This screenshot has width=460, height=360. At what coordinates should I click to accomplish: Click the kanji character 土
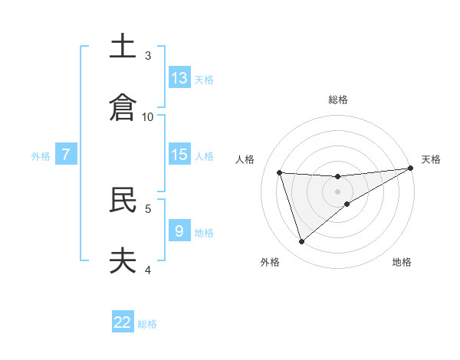pyautogui.click(x=123, y=47)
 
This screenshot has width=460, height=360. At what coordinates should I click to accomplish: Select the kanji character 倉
pyautogui.click(x=123, y=107)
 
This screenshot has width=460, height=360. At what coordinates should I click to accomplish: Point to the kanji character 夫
pyautogui.click(x=123, y=260)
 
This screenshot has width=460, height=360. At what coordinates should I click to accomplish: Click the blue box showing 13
pyautogui.click(x=179, y=78)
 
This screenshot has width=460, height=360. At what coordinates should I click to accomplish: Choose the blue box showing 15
pyautogui.click(x=179, y=155)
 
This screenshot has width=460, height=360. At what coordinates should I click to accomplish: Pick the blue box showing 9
pyautogui.click(x=179, y=231)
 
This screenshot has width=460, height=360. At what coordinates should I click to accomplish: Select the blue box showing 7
pyautogui.click(x=66, y=155)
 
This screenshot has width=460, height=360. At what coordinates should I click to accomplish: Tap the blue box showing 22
pyautogui.click(x=123, y=322)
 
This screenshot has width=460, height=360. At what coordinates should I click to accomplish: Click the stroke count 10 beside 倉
pyautogui.click(x=148, y=116)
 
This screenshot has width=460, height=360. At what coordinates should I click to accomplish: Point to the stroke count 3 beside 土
pyautogui.click(x=148, y=56)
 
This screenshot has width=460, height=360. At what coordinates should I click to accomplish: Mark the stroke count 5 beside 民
pyautogui.click(x=148, y=208)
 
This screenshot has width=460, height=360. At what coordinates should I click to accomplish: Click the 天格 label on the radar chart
pyautogui.click(x=431, y=159)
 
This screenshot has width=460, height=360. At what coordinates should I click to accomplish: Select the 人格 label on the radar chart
pyautogui.click(x=245, y=159)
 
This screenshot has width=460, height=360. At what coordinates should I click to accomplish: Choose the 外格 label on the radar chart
pyautogui.click(x=270, y=263)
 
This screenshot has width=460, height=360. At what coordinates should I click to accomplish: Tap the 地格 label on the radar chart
pyautogui.click(x=402, y=263)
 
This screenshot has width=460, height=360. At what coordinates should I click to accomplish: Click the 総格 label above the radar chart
pyautogui.click(x=338, y=100)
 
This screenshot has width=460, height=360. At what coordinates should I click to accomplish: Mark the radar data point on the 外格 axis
pyautogui.click(x=301, y=242)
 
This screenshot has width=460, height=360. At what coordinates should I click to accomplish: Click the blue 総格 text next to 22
pyautogui.click(x=147, y=324)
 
